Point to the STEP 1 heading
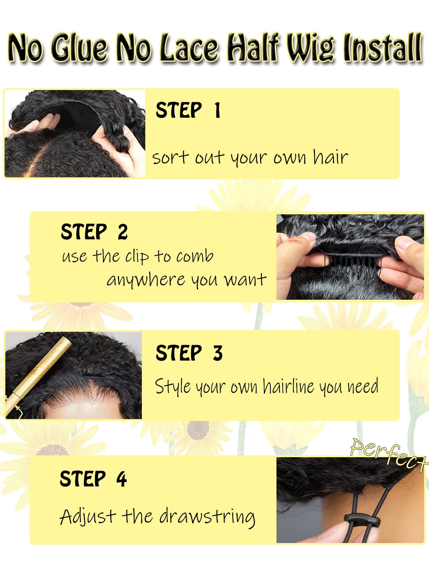point(188,110)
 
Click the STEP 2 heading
point(94,232)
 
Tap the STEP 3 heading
point(189,353)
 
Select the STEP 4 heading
point(93,478)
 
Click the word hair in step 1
point(331,157)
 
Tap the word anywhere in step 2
point(146,280)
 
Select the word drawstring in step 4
point(207,517)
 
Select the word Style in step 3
point(173,386)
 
